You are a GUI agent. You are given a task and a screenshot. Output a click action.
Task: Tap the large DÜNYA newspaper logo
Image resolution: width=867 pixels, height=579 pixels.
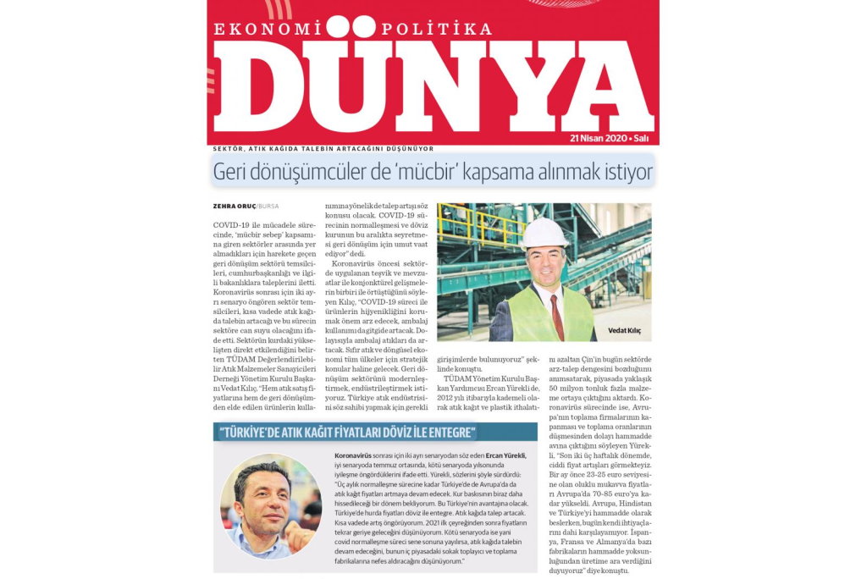[432, 85]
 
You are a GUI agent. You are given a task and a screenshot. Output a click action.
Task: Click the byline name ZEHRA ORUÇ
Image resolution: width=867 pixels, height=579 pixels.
[235, 207]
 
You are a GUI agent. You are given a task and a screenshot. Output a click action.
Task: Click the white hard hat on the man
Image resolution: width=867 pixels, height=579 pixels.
[544, 232]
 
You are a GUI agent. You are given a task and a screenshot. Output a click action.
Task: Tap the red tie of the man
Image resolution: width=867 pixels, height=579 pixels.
[556, 314]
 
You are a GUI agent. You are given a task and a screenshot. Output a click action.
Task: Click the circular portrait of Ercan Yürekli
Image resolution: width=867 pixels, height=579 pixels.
[271, 505]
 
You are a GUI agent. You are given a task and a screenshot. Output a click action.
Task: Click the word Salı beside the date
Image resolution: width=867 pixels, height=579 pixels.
[642, 138]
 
